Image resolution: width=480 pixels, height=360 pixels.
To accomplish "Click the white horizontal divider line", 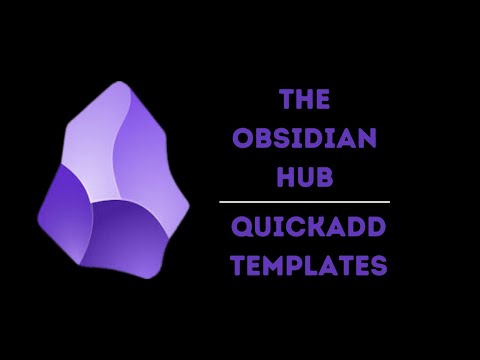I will (x=304, y=202).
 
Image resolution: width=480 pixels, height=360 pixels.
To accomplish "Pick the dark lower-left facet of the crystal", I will (x=65, y=215).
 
